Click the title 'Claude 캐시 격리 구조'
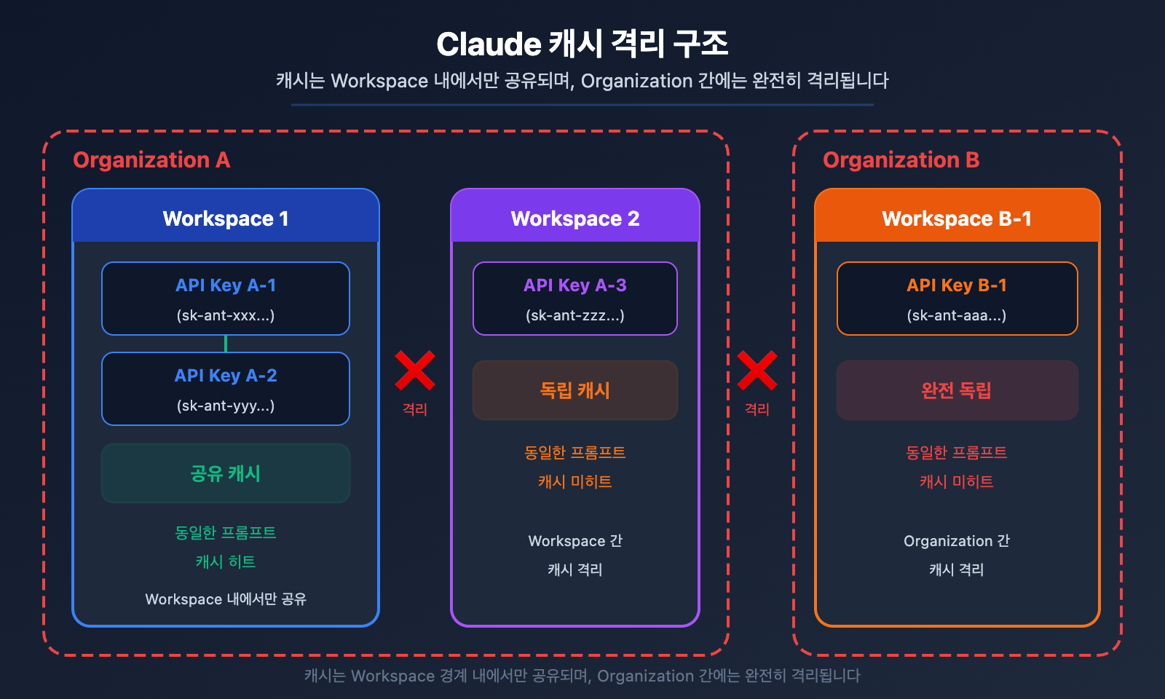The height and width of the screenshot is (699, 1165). (x=582, y=44)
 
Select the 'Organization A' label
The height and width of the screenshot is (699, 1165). (x=151, y=159)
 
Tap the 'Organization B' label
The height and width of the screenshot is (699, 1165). (x=901, y=159)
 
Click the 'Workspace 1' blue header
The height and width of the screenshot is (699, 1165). (x=226, y=218)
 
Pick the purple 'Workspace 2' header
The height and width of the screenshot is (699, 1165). (x=575, y=218)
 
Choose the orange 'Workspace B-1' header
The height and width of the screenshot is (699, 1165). (x=957, y=218)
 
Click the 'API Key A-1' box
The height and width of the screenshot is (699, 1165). (x=226, y=299)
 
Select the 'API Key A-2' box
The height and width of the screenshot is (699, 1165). (x=226, y=389)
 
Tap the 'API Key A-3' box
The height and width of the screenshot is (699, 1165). (x=575, y=299)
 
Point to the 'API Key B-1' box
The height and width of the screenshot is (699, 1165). (x=957, y=299)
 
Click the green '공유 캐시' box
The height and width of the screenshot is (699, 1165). (x=226, y=473)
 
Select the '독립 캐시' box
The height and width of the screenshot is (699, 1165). (x=575, y=390)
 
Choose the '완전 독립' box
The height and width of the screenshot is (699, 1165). (x=957, y=390)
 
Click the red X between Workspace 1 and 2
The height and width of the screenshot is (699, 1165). (x=415, y=371)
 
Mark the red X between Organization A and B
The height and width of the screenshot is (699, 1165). (x=757, y=371)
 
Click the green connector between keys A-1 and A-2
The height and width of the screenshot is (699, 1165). (x=226, y=344)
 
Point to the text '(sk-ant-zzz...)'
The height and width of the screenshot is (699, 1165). (x=575, y=315)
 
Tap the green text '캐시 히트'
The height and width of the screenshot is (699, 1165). (x=226, y=561)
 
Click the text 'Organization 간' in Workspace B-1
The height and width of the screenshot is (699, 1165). (x=957, y=541)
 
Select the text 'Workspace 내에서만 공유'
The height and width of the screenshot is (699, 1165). (x=226, y=599)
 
